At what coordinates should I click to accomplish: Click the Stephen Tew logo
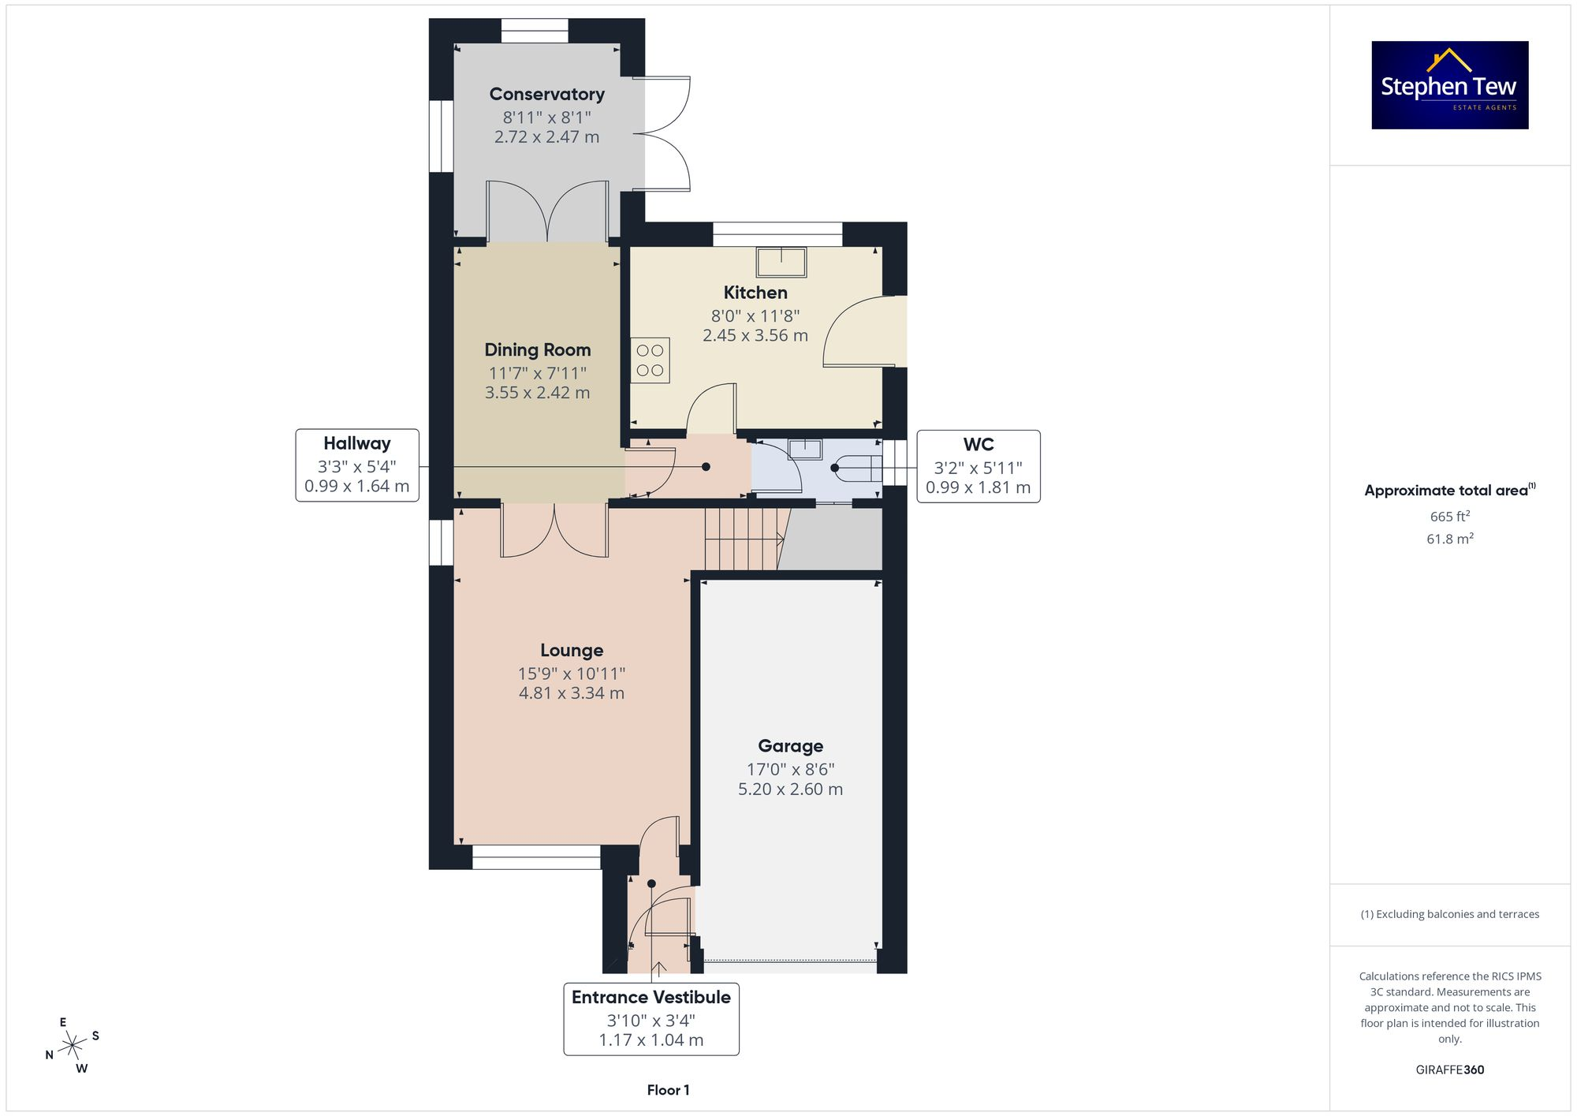[x=1449, y=85]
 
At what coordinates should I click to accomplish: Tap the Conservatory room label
[x=546, y=94]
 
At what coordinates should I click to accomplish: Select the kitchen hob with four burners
[x=650, y=360]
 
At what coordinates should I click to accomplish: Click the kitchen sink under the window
[x=781, y=262]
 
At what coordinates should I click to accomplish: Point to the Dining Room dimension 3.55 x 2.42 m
[x=537, y=393]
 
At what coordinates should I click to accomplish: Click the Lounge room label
[x=572, y=650]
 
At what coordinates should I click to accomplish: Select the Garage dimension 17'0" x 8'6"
[x=790, y=769]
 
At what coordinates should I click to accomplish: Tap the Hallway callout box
[x=357, y=465]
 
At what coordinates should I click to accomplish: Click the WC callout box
[x=978, y=466]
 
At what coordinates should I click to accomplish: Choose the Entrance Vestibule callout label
[x=651, y=998]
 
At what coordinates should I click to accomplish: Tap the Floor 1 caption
[x=668, y=1090]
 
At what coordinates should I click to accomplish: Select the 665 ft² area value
[x=1449, y=517]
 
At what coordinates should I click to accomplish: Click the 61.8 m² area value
[x=1449, y=539]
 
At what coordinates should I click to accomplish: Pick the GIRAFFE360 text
[x=1449, y=1070]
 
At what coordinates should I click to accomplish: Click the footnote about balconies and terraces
[x=1449, y=914]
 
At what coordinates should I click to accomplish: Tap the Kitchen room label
[x=755, y=293]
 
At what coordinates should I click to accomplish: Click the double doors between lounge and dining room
[x=554, y=530]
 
